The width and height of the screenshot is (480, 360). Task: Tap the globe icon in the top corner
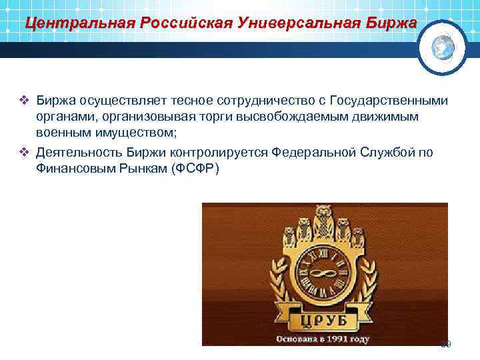coord(443,47)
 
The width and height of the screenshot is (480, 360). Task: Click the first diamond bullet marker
coord(25,102)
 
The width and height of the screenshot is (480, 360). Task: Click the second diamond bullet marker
coord(25,153)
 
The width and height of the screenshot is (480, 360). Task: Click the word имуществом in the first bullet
coord(137,133)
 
